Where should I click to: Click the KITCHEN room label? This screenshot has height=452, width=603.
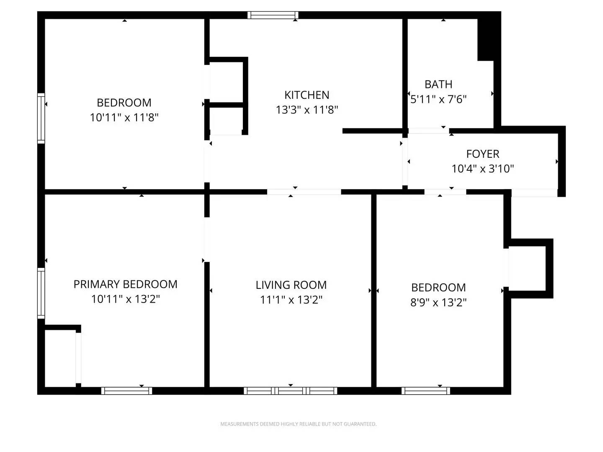coord(307,95)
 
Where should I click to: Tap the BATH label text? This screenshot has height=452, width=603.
coord(438,85)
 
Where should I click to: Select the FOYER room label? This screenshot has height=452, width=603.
coord(482,154)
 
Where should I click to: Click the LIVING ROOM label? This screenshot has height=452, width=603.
coord(291,285)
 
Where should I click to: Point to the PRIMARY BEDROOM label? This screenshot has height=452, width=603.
coord(125,284)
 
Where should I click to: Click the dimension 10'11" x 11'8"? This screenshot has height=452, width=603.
coord(124,118)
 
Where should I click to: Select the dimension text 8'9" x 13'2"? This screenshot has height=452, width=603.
coord(438,302)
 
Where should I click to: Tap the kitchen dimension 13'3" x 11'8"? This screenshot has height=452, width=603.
coord(307,110)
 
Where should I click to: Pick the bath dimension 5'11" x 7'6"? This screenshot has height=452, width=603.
coord(438,99)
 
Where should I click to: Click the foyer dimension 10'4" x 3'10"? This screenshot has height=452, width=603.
coord(482,169)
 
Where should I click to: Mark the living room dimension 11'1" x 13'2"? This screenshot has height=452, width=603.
coord(291,300)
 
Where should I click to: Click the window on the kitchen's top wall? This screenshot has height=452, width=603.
coord(273,15)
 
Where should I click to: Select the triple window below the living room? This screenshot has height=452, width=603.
coord(291,391)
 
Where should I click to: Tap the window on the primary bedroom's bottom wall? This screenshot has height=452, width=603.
coord(126,391)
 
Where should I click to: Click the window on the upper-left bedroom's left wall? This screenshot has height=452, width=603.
coord(41,118)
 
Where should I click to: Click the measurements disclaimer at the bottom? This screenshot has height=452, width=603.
coord(298,424)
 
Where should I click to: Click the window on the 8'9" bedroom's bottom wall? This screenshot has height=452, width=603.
coord(425,391)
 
